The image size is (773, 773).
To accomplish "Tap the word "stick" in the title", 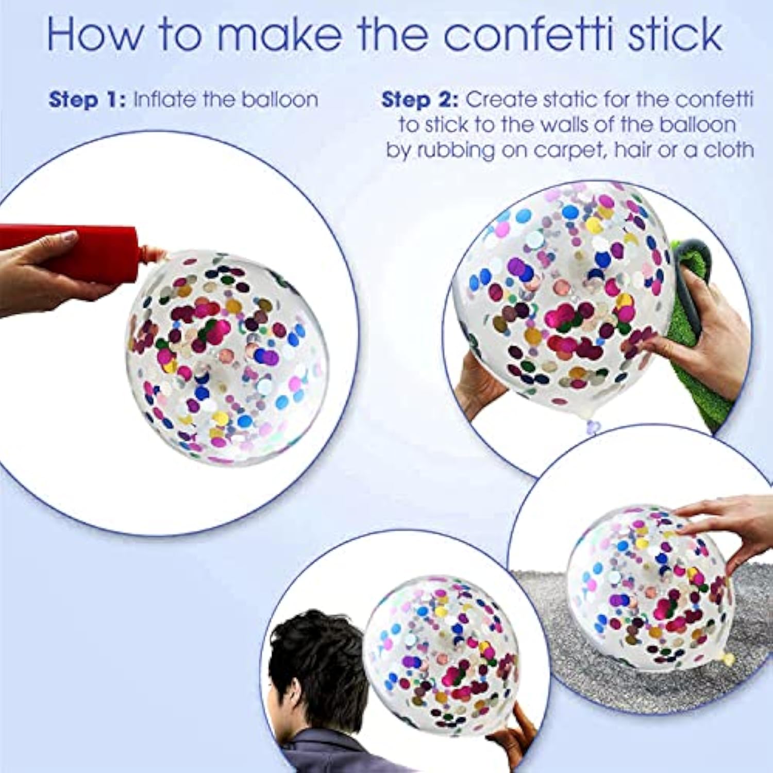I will (x=675, y=34).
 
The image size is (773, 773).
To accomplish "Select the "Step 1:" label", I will (x=87, y=99).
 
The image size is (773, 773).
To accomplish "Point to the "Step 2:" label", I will (x=419, y=99).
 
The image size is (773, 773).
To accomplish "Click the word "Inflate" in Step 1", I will (x=164, y=99).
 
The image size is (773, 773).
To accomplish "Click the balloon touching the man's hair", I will (x=443, y=654).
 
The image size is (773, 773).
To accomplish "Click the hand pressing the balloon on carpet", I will (x=732, y=526).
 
